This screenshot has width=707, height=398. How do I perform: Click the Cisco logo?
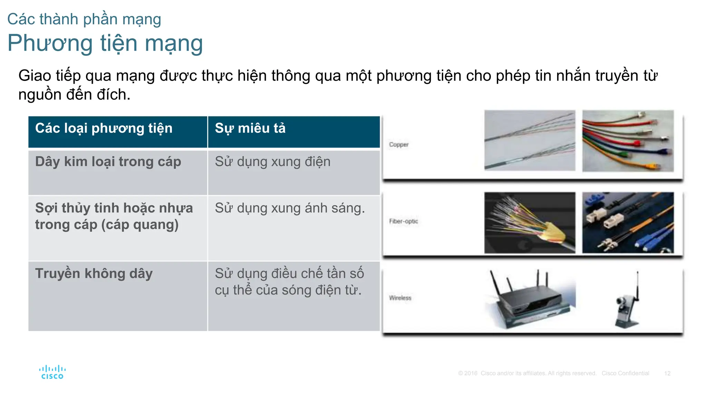[x=52, y=372]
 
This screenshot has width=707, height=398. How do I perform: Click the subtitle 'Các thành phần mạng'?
[x=84, y=19]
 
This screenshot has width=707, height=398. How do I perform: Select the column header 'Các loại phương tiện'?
[x=104, y=129]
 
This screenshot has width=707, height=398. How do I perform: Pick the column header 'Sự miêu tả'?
[x=250, y=129]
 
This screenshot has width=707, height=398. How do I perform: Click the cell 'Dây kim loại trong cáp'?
[x=108, y=162]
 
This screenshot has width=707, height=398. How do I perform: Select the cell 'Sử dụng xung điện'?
[x=273, y=162]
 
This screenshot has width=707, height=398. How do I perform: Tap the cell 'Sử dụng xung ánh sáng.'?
[x=290, y=208]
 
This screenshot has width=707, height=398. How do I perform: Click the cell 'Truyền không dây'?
[x=94, y=274]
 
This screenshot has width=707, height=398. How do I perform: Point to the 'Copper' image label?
[x=399, y=144]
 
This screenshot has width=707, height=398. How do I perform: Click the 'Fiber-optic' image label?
[x=404, y=221]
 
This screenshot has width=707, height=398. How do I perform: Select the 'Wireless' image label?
[x=400, y=298]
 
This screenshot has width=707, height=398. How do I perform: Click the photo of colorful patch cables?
[x=628, y=141]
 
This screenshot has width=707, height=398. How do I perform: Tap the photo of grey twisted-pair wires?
[x=530, y=140]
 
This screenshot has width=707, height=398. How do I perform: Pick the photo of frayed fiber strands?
[x=530, y=222]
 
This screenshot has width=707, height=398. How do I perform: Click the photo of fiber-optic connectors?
[x=628, y=222]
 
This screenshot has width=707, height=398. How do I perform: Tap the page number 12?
[x=667, y=373]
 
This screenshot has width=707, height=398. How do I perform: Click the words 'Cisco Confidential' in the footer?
[x=625, y=373]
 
